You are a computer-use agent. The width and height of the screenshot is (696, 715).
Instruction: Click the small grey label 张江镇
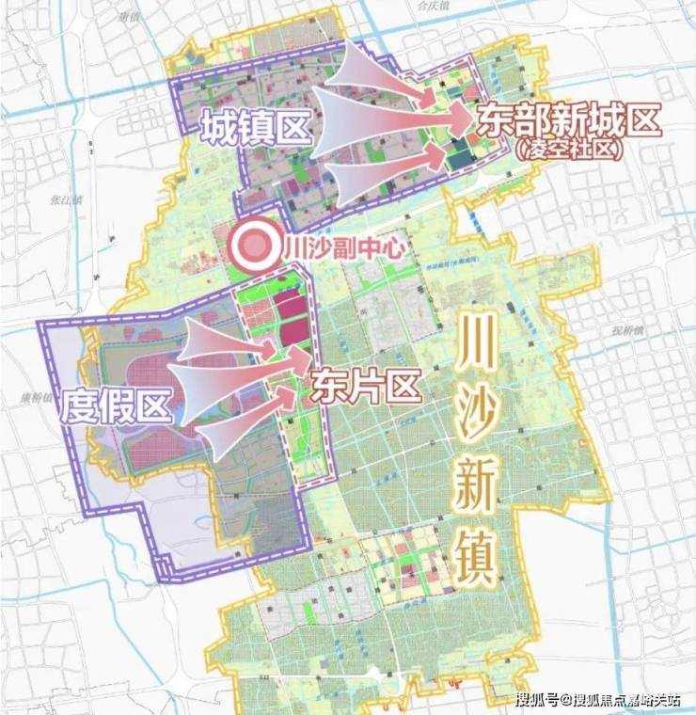[66, 199]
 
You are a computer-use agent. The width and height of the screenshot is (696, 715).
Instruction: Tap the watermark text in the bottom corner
[598, 699]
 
